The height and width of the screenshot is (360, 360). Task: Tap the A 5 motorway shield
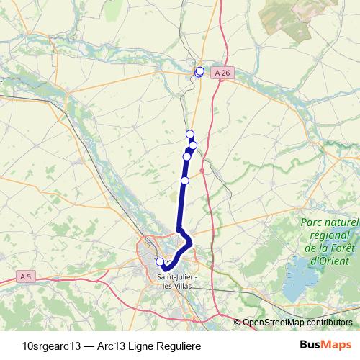pyautogui.click(x=26, y=276)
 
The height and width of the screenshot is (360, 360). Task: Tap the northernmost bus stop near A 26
pyautogui.click(x=199, y=71)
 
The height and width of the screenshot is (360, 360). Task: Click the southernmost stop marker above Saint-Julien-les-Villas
pyautogui.click(x=160, y=262)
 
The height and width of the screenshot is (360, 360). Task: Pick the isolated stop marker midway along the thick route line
pyautogui.click(x=185, y=180)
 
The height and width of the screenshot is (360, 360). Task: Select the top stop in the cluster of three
pyautogui.click(x=190, y=134)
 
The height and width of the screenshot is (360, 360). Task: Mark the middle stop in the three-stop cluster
pyautogui.click(x=193, y=145)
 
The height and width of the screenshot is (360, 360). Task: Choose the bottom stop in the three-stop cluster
pyautogui.click(x=187, y=156)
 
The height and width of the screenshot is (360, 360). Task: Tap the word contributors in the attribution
pyautogui.click(x=328, y=322)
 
